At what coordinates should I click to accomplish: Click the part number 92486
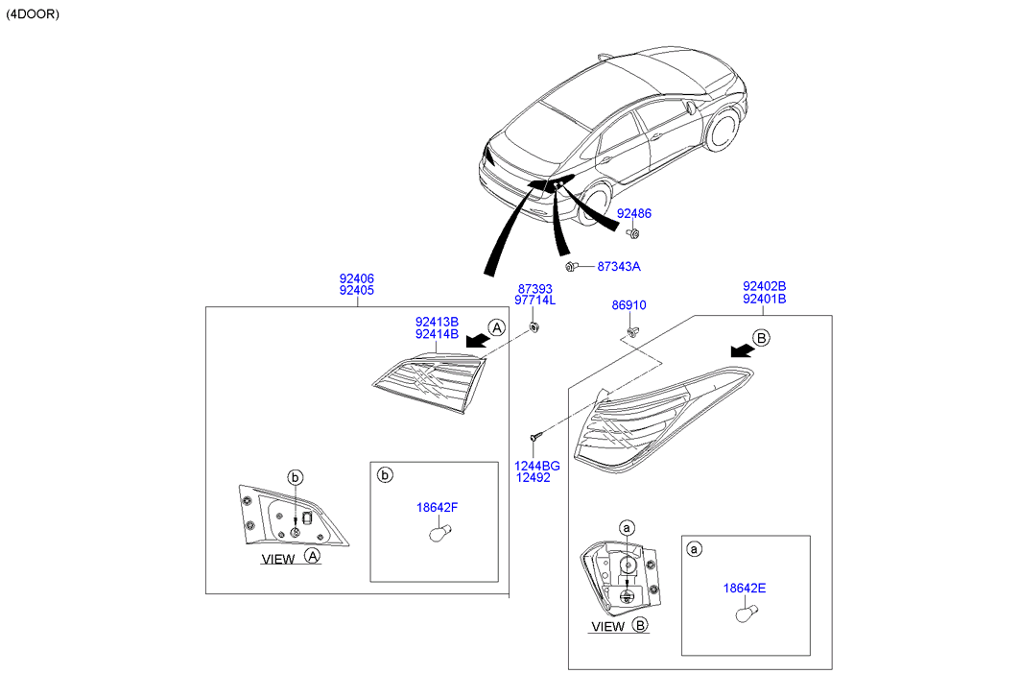(x=633, y=213)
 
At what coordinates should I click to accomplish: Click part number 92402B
(x=764, y=286)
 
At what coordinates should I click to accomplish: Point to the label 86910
(x=629, y=305)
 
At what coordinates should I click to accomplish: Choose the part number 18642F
(x=437, y=507)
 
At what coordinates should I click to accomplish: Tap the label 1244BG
(x=538, y=466)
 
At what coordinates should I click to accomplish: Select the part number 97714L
(x=535, y=301)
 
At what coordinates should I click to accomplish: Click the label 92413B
(x=437, y=322)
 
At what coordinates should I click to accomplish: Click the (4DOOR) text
(x=33, y=15)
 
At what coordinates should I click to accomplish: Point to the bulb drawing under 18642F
(x=438, y=530)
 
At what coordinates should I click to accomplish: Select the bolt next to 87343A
(x=571, y=266)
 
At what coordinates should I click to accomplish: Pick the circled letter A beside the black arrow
(x=495, y=327)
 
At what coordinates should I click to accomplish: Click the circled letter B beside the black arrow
(x=760, y=337)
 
